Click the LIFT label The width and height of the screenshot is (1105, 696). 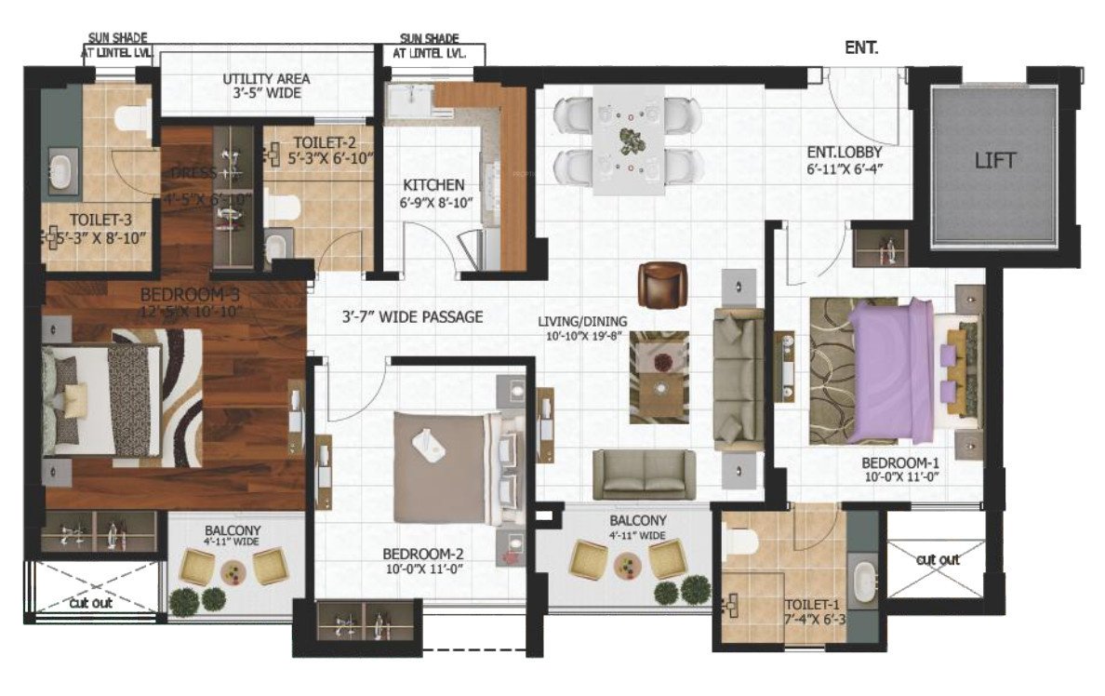[995, 161]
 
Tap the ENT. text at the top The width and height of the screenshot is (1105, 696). [861, 47]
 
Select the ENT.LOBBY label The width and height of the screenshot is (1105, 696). [845, 152]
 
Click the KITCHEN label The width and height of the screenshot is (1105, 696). [433, 185]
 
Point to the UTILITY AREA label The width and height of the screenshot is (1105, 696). [266, 79]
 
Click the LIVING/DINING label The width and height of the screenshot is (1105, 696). [582, 322]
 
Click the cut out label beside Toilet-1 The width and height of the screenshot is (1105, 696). [937, 560]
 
